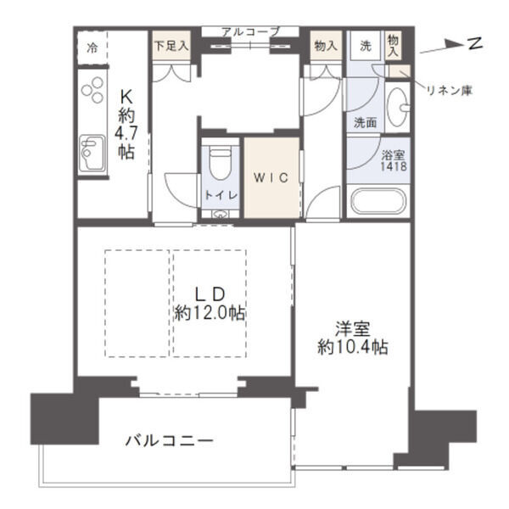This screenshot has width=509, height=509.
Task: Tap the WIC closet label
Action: point(273,177)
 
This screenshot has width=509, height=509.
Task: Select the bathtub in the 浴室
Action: point(378,203)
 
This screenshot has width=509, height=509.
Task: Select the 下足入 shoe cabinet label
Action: point(171,44)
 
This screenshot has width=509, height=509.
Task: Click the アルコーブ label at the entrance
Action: point(249,32)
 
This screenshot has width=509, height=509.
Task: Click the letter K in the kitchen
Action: point(125,96)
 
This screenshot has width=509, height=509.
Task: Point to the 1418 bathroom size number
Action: point(394,167)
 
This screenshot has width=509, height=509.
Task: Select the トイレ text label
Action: point(221,194)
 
